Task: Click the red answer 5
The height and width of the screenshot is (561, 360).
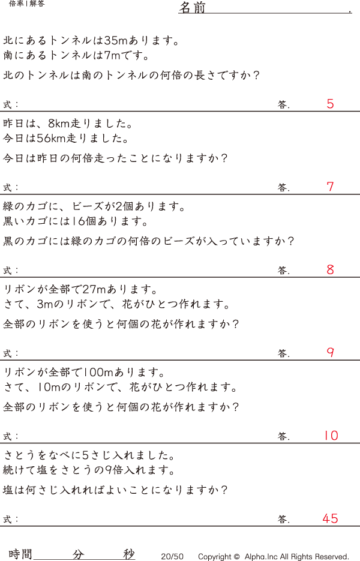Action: [330, 104]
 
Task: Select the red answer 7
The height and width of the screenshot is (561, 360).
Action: [330, 187]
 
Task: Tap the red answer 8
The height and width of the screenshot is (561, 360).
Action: [330, 270]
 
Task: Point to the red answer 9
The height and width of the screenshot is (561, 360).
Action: [330, 353]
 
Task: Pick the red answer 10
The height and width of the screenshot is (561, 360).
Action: [331, 436]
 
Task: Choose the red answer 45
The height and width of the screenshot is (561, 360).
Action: [330, 518]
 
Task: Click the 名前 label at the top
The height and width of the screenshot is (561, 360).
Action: [192, 8]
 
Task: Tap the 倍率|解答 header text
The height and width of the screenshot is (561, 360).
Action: [27, 4]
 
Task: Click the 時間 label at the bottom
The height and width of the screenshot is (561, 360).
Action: [20, 554]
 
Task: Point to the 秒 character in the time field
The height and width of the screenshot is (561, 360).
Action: [129, 554]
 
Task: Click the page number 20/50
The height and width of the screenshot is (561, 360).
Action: [172, 557]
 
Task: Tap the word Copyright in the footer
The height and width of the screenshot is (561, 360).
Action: [215, 557]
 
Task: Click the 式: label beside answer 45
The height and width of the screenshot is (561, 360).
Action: [11, 519]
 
